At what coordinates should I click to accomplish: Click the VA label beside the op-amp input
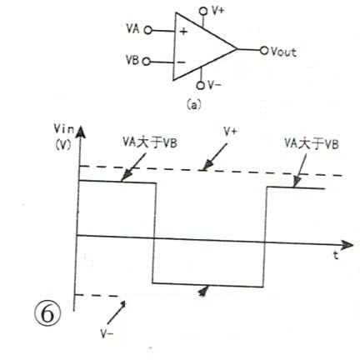(x=132, y=28)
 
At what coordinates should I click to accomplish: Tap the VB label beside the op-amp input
(x=132, y=60)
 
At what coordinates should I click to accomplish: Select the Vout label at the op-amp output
(x=283, y=52)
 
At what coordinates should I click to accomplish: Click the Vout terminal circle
(x=264, y=51)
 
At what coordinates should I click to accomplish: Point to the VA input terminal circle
(x=148, y=30)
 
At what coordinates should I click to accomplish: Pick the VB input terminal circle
(x=147, y=62)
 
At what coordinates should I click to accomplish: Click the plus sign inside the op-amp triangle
(x=183, y=32)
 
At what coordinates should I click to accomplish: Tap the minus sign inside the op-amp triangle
(x=181, y=62)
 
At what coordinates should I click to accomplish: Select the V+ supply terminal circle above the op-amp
(x=203, y=12)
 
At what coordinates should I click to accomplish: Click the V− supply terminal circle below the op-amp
(x=200, y=85)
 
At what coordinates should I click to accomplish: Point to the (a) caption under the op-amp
(x=193, y=105)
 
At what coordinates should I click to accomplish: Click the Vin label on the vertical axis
(x=64, y=129)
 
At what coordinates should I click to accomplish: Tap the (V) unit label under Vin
(x=63, y=144)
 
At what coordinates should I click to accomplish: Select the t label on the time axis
(x=336, y=255)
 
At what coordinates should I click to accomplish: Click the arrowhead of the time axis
(x=347, y=245)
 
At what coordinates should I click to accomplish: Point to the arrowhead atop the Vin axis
(x=80, y=132)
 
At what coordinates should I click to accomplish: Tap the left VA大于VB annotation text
(x=150, y=142)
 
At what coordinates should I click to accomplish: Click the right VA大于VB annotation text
(x=312, y=144)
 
